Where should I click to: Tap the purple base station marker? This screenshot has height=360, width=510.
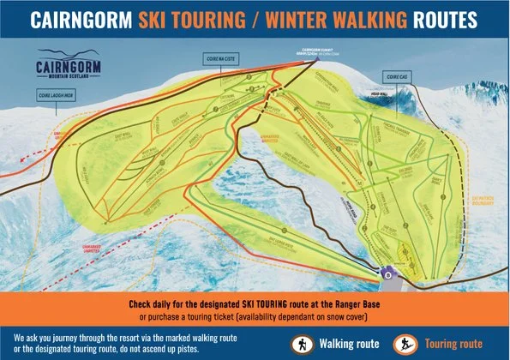[x=387, y=275]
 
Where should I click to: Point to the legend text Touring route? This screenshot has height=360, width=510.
[x=452, y=343]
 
